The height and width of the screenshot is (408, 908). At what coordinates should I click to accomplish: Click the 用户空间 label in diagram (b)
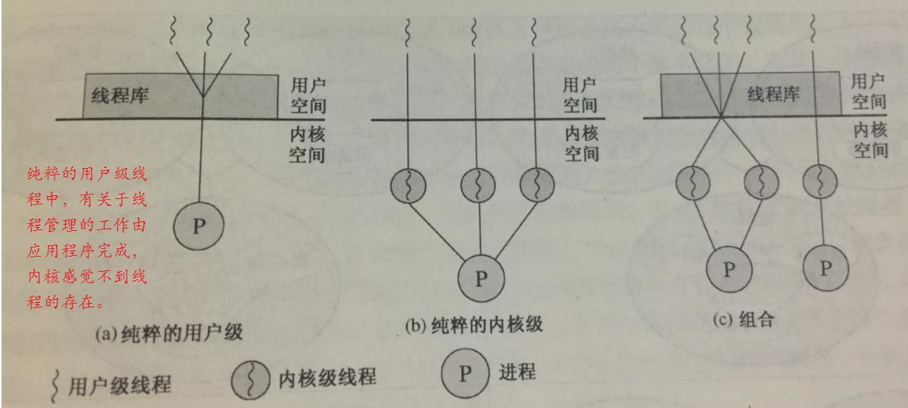tap(580, 95)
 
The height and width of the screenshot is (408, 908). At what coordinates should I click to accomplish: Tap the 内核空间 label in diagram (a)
tap(307, 146)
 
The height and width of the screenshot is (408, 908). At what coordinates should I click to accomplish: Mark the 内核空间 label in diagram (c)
tap(870, 139)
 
